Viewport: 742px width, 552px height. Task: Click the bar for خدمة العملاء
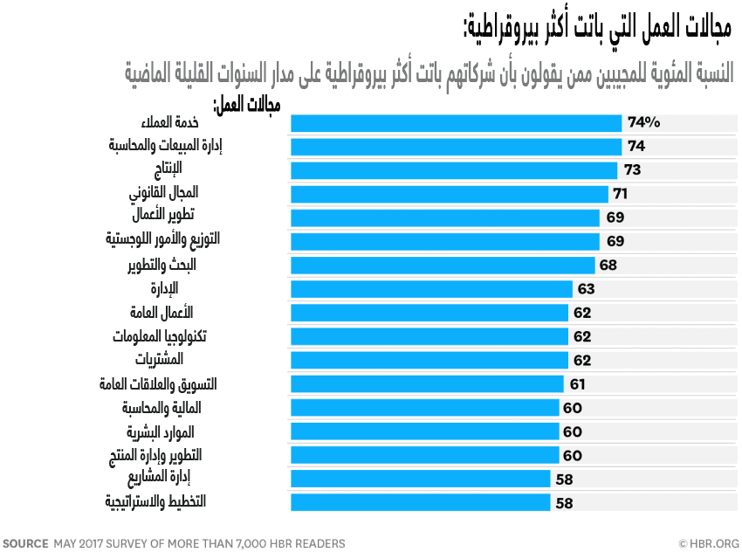pyautogui.click(x=456, y=123)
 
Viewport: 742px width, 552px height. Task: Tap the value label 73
pyautogui.click(x=633, y=170)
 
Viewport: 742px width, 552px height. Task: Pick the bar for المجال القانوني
pyautogui.click(x=450, y=194)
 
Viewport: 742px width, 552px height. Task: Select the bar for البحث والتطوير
pyautogui.click(x=443, y=265)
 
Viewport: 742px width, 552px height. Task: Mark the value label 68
pyautogui.click(x=608, y=265)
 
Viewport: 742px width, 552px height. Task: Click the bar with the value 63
pyautogui.click(x=431, y=288)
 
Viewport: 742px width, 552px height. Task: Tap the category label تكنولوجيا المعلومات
pyautogui.click(x=159, y=335)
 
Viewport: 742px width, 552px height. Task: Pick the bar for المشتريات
pyautogui.click(x=429, y=360)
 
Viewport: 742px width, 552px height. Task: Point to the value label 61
pyautogui.click(x=577, y=383)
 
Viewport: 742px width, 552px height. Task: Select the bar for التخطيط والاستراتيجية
pyautogui.click(x=420, y=502)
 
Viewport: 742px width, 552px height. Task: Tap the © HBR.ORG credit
pyautogui.click(x=708, y=543)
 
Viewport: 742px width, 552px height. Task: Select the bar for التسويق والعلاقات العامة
pyautogui.click(x=427, y=383)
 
